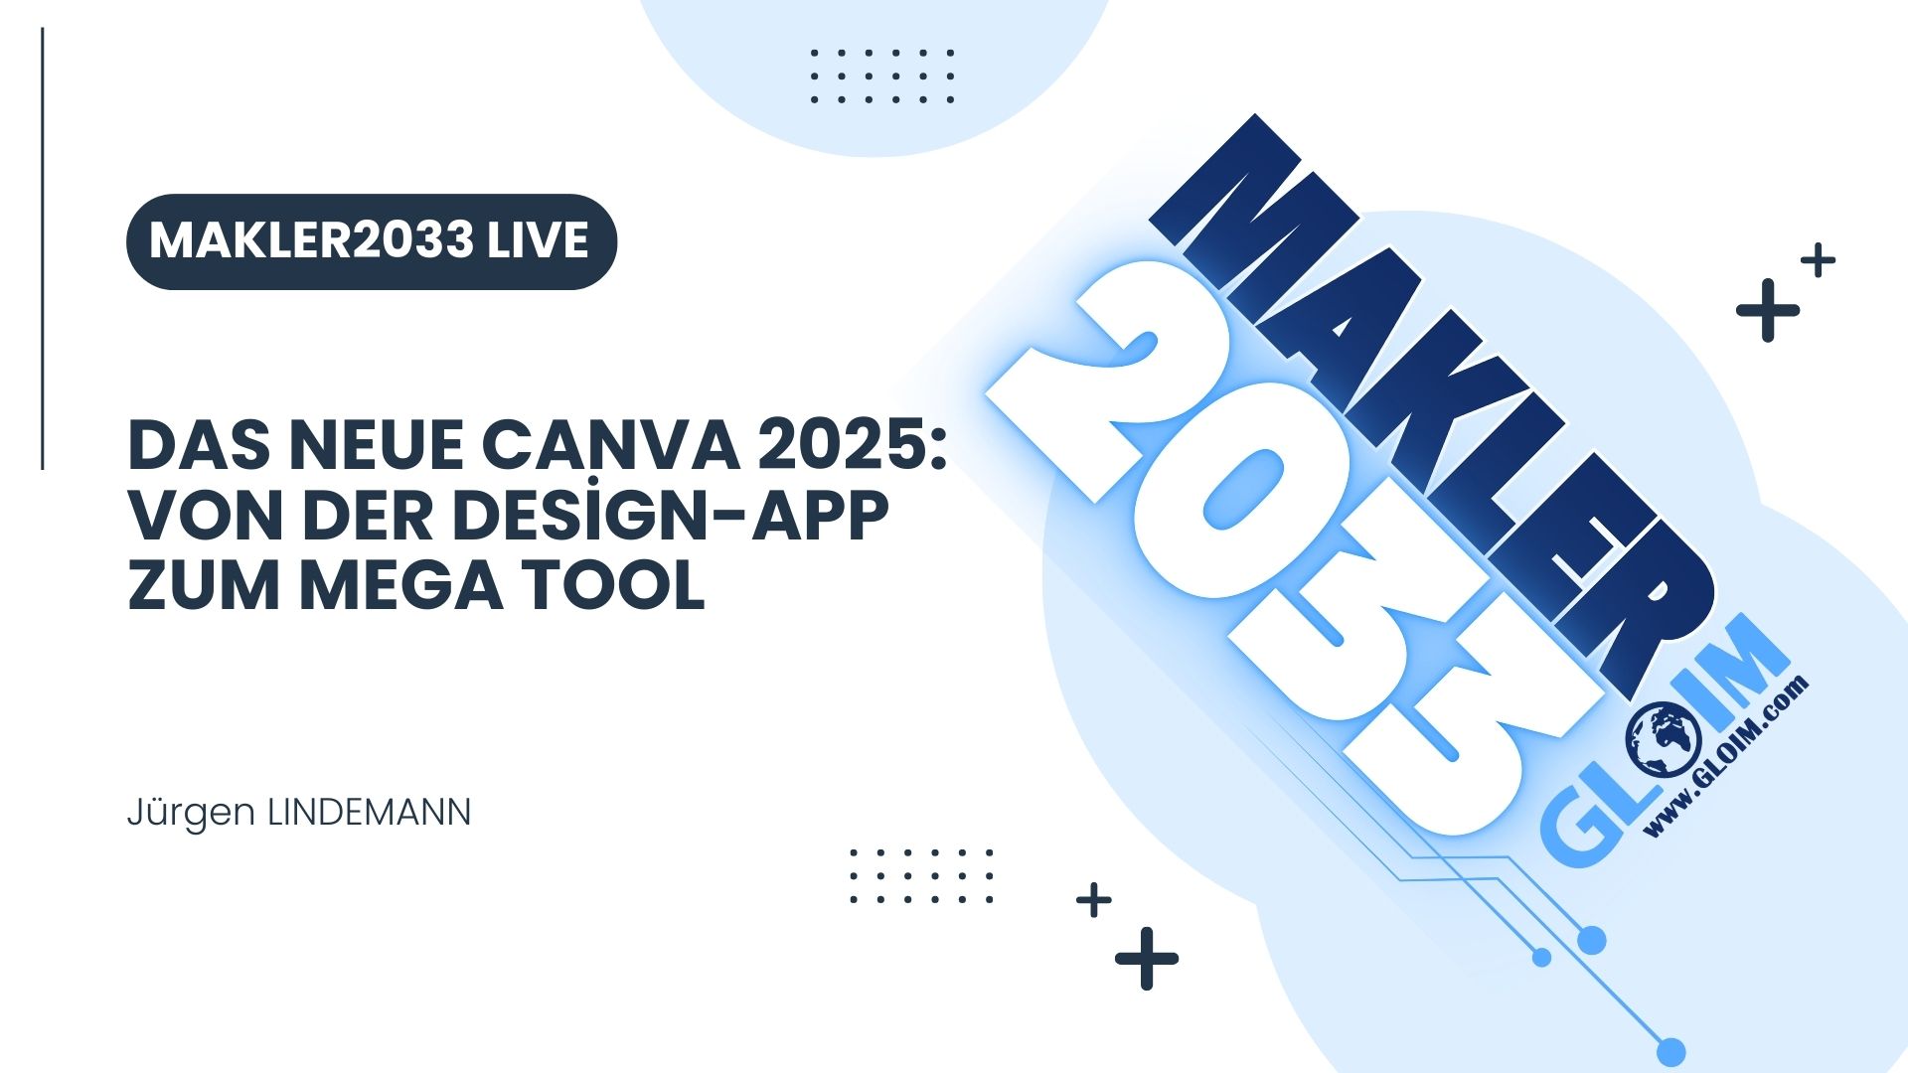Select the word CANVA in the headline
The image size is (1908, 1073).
point(610,446)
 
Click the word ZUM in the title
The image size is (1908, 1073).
point(205,586)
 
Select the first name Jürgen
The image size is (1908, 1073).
point(191,814)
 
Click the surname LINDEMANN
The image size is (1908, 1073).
point(369,813)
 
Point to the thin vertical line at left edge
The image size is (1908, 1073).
point(43,248)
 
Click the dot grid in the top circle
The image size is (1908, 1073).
point(882,76)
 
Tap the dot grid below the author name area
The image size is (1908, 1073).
point(921,876)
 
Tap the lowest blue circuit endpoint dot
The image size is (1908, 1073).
point(1672,1051)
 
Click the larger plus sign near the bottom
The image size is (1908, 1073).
point(1147,959)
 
